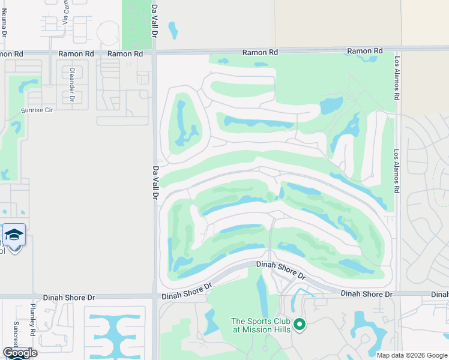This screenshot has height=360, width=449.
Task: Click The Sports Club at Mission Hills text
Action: click(x=261, y=325)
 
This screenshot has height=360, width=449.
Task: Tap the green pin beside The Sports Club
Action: click(x=300, y=325)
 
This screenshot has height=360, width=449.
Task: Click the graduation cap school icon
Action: click(x=14, y=235)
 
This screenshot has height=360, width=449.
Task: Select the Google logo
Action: click(x=20, y=353)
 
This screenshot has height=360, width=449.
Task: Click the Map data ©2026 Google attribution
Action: click(x=412, y=355)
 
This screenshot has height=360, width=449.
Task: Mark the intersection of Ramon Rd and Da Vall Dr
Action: click(x=154, y=53)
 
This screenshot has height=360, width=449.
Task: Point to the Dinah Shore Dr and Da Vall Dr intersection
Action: click(x=155, y=296)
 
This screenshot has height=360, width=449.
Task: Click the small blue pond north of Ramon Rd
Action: click(x=173, y=29)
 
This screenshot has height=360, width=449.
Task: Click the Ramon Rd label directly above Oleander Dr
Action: click(x=76, y=53)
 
